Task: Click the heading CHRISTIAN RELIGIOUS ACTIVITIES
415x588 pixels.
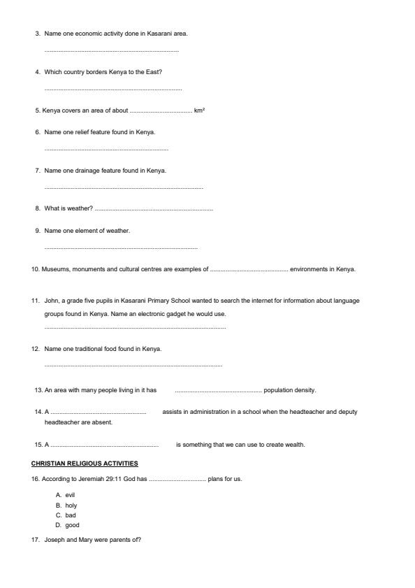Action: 85,464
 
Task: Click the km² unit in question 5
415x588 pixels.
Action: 199,110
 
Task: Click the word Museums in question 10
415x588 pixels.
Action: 54,269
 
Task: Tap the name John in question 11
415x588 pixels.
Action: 51,301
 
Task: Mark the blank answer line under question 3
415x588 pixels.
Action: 111,52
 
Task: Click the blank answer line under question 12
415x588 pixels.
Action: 133,366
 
